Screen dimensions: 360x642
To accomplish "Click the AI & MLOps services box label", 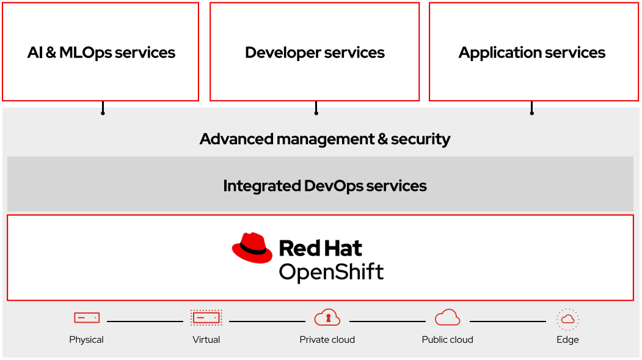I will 101,53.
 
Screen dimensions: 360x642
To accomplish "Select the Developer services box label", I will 315,53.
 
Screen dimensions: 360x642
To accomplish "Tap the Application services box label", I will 531,53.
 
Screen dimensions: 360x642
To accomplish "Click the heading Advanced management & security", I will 324,139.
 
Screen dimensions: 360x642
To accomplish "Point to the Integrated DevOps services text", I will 324,185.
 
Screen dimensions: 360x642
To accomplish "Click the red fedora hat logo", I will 252,248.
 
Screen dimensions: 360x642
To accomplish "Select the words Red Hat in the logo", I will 320,248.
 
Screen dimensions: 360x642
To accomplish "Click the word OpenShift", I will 331,271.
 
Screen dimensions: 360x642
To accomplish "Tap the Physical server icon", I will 86,318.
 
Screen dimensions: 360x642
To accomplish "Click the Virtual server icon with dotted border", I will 206,318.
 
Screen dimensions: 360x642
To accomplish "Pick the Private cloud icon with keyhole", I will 327,318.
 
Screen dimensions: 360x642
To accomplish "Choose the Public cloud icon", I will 447,318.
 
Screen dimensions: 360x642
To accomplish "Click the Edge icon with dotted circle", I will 567,319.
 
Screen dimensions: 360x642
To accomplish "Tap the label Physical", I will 86,340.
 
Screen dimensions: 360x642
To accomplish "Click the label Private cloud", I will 327,340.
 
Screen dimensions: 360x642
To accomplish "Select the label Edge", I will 567,340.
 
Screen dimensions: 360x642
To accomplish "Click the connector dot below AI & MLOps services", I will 103,113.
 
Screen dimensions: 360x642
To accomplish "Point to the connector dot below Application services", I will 531,113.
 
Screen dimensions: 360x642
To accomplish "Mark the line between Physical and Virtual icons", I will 145,321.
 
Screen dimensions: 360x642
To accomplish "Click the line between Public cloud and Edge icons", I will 507,321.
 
